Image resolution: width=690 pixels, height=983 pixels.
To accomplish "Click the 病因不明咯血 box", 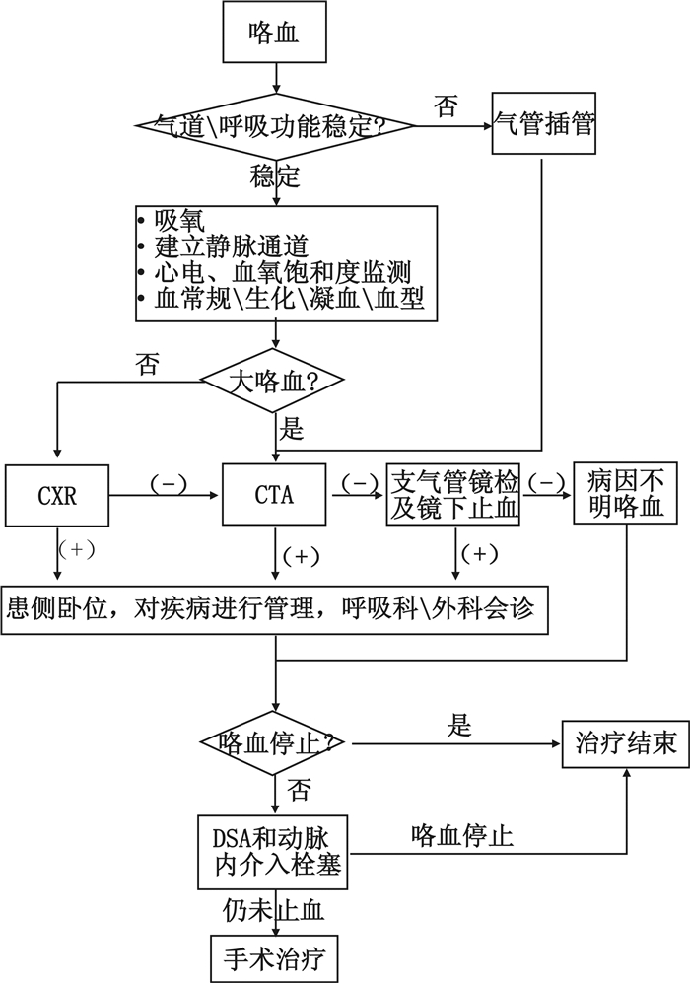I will [627, 496].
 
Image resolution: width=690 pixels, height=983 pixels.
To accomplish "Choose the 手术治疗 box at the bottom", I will [273, 954].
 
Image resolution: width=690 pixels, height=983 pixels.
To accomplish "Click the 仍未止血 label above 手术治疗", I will [273, 904].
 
